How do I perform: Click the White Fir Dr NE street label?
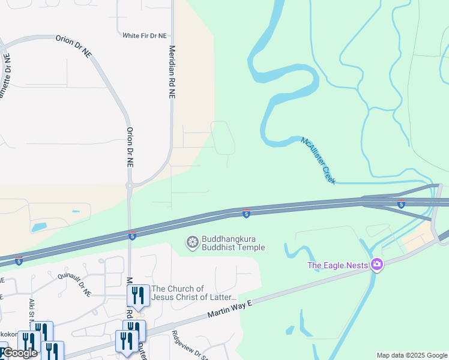tap(144, 36)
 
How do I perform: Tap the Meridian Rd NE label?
tap(172, 72)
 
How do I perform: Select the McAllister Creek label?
tap(318, 160)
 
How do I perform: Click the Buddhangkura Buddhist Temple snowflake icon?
tap(193, 242)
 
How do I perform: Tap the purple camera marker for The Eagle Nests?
tap(376, 264)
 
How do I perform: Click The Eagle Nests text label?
tap(337, 265)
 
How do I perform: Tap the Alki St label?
tap(31, 308)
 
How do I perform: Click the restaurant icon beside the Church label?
tap(137, 295)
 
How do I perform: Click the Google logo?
tap(19, 353)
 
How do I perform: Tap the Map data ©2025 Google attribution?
tap(412, 355)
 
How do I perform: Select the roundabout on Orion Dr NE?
tap(129, 186)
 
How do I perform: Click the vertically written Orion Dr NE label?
tap(129, 147)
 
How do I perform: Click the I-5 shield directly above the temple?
tap(246, 214)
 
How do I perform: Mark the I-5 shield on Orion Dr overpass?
tap(132, 236)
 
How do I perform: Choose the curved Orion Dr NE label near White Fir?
tap(73, 46)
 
